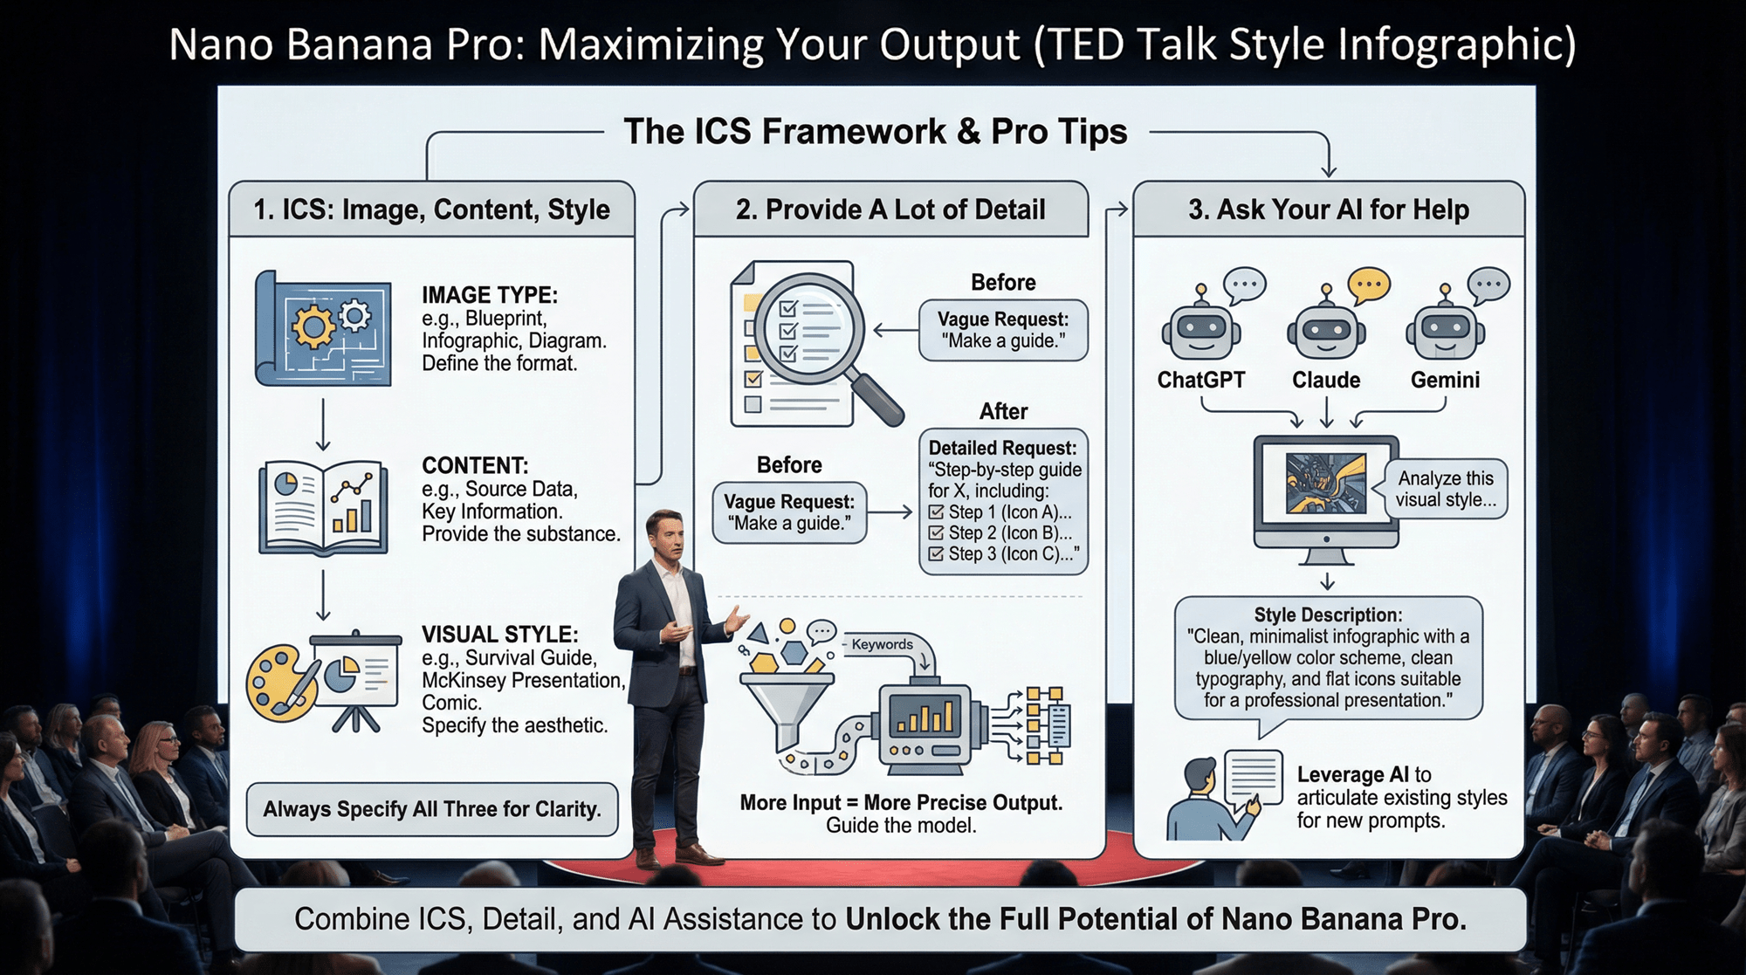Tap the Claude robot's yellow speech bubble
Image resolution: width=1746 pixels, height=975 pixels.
click(1369, 285)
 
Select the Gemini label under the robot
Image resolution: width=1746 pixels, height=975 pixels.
click(1445, 380)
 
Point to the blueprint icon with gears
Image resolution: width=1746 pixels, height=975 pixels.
click(323, 328)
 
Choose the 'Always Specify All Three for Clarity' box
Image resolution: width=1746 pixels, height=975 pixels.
click(432, 809)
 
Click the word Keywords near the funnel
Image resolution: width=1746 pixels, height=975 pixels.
click(882, 644)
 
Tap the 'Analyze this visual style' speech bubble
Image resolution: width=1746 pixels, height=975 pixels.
click(1445, 489)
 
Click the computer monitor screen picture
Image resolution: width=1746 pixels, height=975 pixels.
click(1325, 483)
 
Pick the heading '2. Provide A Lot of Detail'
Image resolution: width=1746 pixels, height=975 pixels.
click(890, 209)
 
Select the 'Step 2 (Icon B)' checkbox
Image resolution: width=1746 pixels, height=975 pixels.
click(937, 532)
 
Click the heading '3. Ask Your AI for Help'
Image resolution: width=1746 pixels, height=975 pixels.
click(1328, 209)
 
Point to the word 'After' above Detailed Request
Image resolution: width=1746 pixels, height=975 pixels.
click(1003, 411)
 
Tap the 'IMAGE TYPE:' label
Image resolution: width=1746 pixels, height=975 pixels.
click(490, 295)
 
